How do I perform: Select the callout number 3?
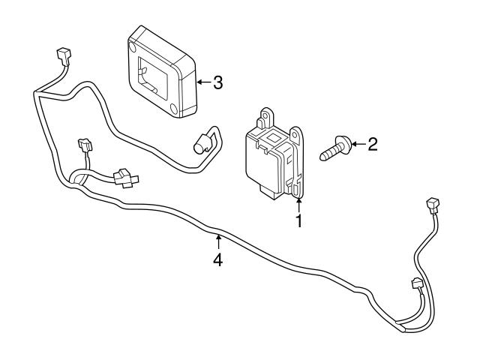pyautogui.click(x=217, y=82)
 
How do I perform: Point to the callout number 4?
pyautogui.click(x=217, y=260)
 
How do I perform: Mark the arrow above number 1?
pyautogui.click(x=298, y=204)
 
